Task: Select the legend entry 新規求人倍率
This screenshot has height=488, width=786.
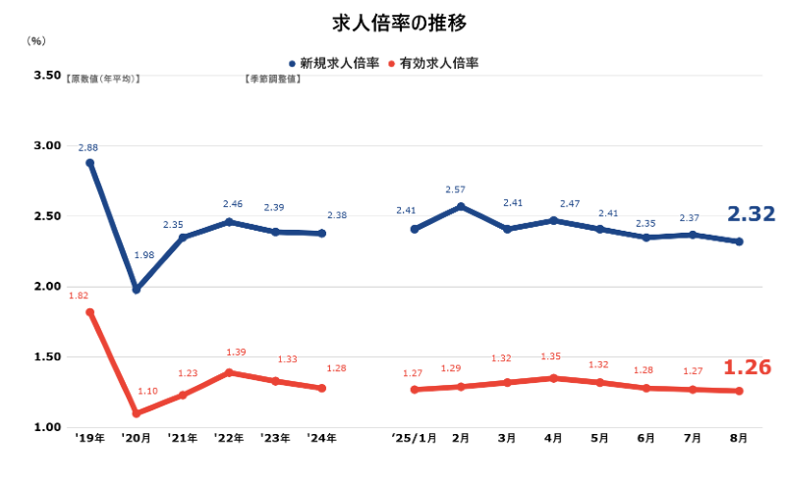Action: pos(340,63)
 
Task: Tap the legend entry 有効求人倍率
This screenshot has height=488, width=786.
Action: pos(440,63)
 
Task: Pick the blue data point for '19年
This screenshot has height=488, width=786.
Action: pos(90,163)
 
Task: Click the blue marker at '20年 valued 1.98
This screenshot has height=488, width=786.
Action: pos(137,290)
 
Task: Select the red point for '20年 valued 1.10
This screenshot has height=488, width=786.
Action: pos(137,413)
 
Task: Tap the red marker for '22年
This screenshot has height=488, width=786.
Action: pos(230,372)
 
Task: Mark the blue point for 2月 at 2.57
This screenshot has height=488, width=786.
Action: pos(461,206)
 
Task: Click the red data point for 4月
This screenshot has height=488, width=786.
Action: pos(553,378)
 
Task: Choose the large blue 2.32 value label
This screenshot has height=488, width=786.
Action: pos(751,214)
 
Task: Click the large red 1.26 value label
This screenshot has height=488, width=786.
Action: pos(748,368)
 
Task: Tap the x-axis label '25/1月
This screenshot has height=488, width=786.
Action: pos(413,437)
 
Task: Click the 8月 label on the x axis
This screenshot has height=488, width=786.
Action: pos(739,437)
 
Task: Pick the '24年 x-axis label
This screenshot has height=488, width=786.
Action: pos(321,437)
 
